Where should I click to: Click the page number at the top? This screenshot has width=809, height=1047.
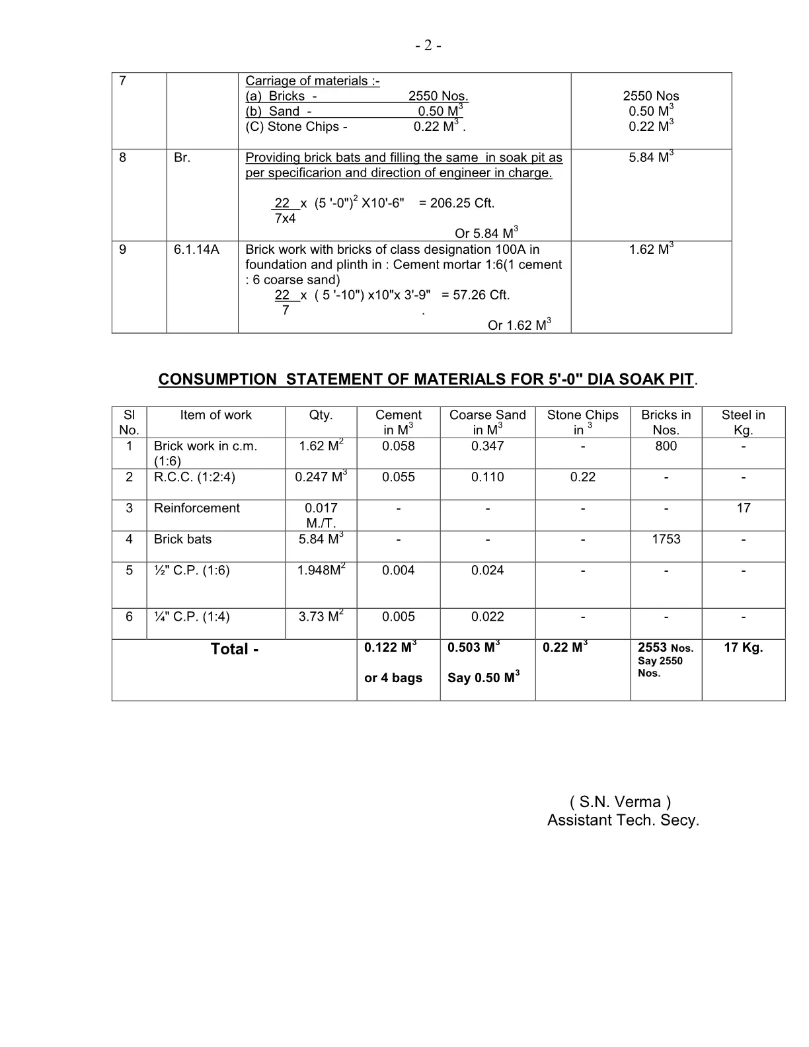pyautogui.click(x=428, y=46)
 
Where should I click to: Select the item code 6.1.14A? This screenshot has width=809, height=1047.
pyautogui.click(x=196, y=249)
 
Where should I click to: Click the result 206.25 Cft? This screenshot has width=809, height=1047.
pyautogui.click(x=457, y=203)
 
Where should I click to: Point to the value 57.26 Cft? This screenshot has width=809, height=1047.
pyautogui.click(x=475, y=295)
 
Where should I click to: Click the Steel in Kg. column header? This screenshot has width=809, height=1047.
pyautogui.click(x=743, y=422)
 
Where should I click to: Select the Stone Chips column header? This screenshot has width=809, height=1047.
pyautogui.click(x=582, y=422)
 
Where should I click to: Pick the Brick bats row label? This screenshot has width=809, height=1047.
pyautogui.click(x=182, y=539)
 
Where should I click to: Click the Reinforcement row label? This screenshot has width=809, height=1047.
pyautogui.click(x=196, y=508)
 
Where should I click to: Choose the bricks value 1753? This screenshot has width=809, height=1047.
pyautogui.click(x=666, y=539)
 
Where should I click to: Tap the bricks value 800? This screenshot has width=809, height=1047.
pyautogui.click(x=666, y=446)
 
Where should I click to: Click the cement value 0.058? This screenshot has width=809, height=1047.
pyautogui.click(x=398, y=446)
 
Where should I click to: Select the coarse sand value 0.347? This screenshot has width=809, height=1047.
pyautogui.click(x=487, y=446)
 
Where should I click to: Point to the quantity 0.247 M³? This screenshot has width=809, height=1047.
pyautogui.click(x=321, y=477)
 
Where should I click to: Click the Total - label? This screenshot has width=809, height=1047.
pyautogui.click(x=235, y=649)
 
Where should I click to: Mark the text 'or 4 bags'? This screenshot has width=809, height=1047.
pyautogui.click(x=393, y=678)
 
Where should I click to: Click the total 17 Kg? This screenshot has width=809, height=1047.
pyautogui.click(x=743, y=648)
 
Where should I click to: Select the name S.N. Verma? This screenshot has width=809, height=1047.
pyautogui.click(x=620, y=802)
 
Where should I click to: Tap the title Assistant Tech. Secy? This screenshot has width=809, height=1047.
pyautogui.click(x=623, y=820)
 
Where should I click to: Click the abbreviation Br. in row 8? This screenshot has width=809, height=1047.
pyautogui.click(x=182, y=158)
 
